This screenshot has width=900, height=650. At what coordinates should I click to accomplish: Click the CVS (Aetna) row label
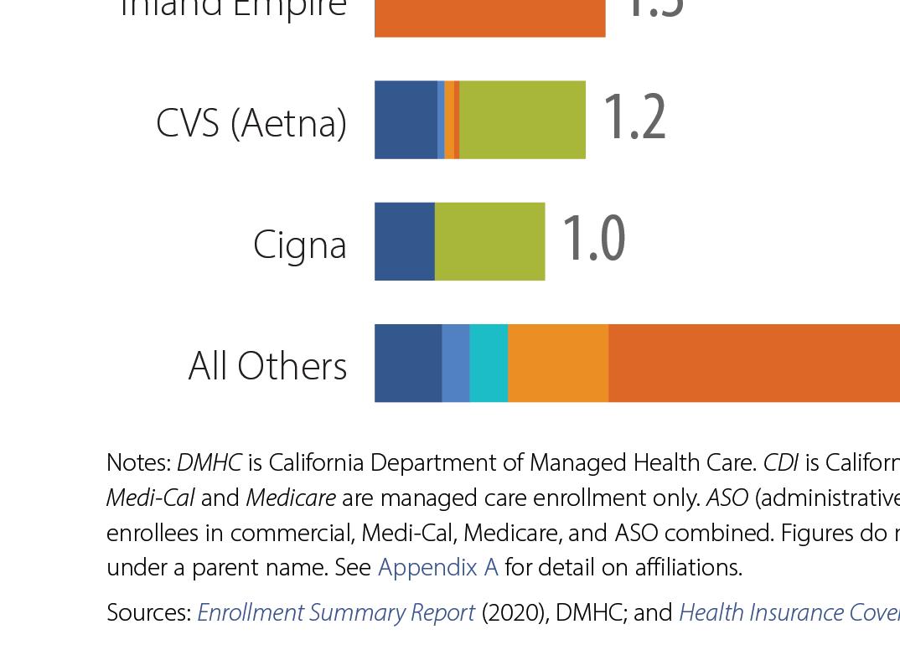(251, 123)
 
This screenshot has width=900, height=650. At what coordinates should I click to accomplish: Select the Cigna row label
(299, 245)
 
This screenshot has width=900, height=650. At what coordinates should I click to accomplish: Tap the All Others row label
(267, 366)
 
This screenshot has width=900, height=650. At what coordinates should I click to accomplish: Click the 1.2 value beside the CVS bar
(634, 118)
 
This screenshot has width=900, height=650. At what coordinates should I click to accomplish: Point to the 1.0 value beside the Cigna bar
(593, 240)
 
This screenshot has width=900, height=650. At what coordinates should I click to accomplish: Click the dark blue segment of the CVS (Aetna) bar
(406, 120)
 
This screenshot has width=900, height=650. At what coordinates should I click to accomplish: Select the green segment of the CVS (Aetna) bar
(522, 120)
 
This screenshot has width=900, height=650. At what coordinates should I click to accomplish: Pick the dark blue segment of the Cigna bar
(404, 241)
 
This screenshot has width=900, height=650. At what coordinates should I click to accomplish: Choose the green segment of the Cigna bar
(489, 241)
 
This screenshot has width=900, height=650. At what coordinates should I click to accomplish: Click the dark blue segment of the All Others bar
(407, 363)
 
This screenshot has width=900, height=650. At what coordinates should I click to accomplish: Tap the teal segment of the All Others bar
(489, 363)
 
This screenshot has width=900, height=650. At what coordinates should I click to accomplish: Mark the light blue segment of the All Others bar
(455, 363)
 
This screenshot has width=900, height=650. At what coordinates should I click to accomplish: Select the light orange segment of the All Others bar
(558, 363)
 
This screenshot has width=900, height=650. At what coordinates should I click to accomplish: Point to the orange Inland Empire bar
(489, 17)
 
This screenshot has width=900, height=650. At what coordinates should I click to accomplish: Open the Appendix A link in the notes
(437, 567)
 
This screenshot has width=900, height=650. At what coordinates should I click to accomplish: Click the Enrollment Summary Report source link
(336, 612)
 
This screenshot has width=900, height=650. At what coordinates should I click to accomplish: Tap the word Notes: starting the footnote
(139, 462)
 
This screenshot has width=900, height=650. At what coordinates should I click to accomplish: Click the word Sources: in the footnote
(149, 612)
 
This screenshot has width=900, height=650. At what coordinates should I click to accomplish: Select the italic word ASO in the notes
(727, 498)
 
